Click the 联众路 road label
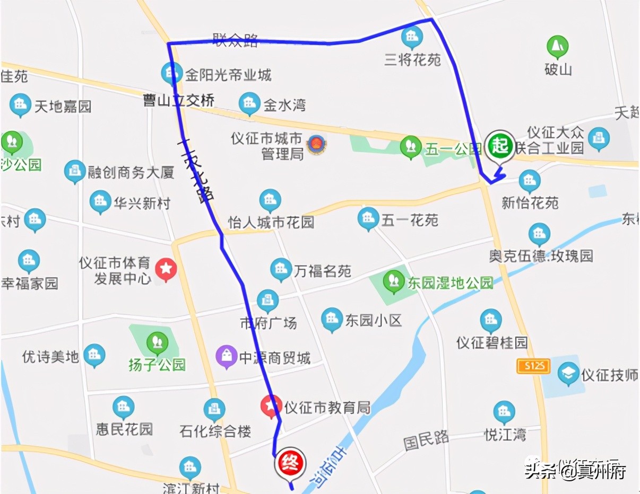[236, 39]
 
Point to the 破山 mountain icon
[557, 47]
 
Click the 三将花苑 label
[412, 59]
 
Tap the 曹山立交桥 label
[178, 100]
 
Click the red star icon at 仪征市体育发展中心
[166, 269]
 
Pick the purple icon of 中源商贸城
[227, 357]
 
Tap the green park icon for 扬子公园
[157, 342]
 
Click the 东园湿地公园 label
[450, 283]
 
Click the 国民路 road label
[426, 439]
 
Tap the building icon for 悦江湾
[504, 412]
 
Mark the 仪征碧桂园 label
[492, 342]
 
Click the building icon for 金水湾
[249, 103]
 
